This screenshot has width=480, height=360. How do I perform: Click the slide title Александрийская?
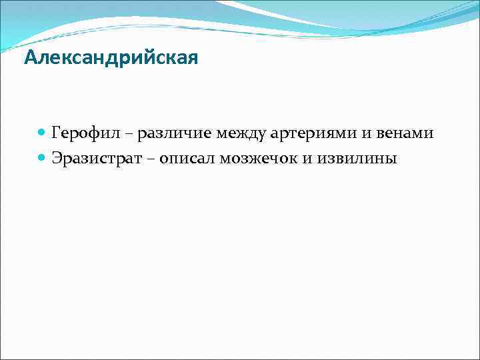click(x=111, y=59)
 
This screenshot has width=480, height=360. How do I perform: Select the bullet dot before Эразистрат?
click(x=42, y=159)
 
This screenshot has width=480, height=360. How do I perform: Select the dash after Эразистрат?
click(x=150, y=160)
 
